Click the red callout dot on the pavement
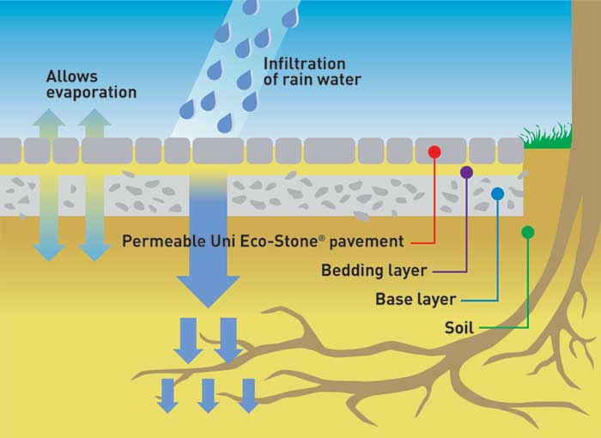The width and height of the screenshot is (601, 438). coord(434,152)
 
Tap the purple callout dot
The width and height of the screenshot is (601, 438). coord(466,173)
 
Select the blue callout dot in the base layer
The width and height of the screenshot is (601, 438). coord(497,194)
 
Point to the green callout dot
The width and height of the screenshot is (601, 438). coord(527,231)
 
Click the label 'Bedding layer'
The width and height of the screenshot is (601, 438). coord(373,271)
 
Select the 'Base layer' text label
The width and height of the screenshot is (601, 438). coord(415,300)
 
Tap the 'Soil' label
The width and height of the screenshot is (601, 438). coord(459,328)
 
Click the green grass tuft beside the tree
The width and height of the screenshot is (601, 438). coord(547,136)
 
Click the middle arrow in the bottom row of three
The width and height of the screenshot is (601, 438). coord(208,394)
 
